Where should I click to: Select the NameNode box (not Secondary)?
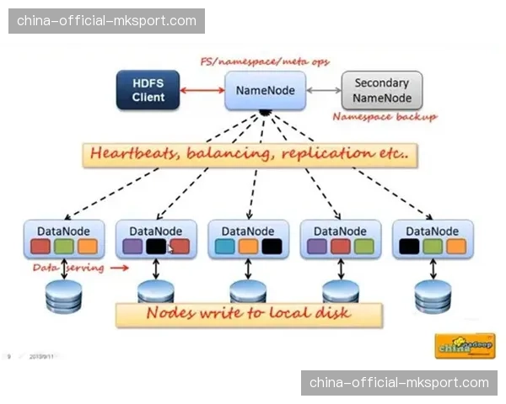point(265,89)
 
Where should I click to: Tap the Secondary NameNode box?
point(381,90)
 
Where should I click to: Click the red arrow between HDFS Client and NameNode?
point(202,90)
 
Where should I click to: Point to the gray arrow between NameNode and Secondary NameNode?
point(323,90)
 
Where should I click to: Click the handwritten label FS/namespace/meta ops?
point(264,62)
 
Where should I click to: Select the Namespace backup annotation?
point(385,118)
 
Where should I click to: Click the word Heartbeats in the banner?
point(128,155)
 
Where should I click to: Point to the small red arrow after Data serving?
point(120,268)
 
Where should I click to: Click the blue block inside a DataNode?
point(224,247)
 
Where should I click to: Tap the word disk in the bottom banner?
point(331,313)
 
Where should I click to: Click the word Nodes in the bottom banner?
point(174,313)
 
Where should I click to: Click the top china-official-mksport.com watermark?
point(107,20)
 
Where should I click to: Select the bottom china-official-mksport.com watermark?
point(399,383)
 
